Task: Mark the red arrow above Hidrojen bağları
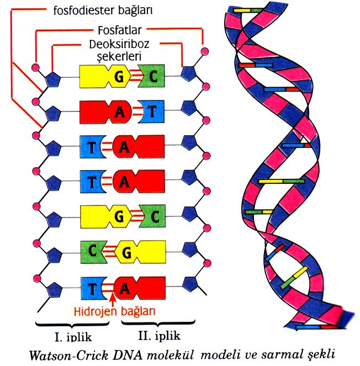pyautogui.click(x=113, y=299)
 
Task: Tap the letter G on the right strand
pyautogui.click(x=126, y=252)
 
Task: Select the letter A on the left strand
pyautogui.click(x=118, y=110)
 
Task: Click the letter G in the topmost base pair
pyautogui.click(x=118, y=76)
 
